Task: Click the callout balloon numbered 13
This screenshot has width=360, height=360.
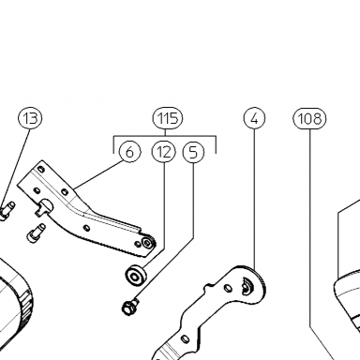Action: click(x=30, y=118)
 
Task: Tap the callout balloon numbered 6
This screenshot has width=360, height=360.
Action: click(x=129, y=152)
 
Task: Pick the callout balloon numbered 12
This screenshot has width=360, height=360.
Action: click(x=164, y=152)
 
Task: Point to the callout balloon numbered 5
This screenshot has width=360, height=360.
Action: click(x=193, y=152)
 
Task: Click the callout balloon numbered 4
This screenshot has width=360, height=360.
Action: click(x=254, y=118)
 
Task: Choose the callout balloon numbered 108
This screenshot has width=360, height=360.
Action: click(x=309, y=118)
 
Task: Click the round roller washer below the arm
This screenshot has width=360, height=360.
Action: click(x=136, y=276)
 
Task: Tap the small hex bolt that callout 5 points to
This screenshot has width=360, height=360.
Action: click(x=129, y=307)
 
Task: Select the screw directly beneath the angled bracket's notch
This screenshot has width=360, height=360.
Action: click(x=37, y=232)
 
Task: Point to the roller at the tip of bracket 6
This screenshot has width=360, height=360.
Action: click(x=148, y=243)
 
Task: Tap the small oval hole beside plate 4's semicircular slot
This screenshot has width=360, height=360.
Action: click(x=229, y=288)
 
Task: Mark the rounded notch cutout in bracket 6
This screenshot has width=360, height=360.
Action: click(x=46, y=206)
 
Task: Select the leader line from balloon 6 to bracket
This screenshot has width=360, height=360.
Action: click(x=98, y=173)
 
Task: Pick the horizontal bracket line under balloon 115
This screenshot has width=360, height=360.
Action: click(x=165, y=136)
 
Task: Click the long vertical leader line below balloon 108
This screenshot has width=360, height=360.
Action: click(x=310, y=228)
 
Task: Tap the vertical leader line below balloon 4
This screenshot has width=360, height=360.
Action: click(x=254, y=200)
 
